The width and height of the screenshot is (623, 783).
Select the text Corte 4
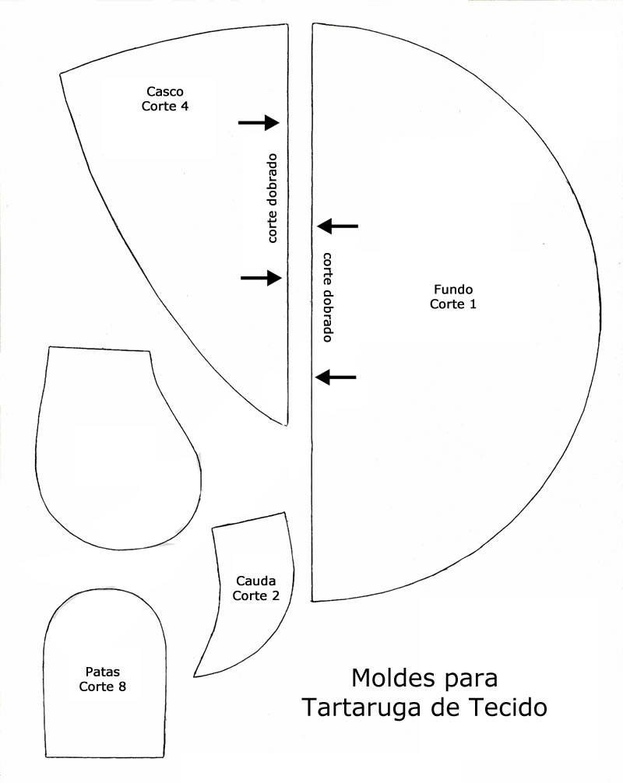pyautogui.click(x=164, y=107)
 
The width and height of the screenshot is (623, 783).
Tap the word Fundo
pyautogui.click(x=452, y=289)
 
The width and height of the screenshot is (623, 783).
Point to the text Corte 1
pyautogui.click(x=452, y=304)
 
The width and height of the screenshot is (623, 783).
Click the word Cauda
pyautogui.click(x=255, y=581)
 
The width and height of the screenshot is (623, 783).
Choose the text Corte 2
pyautogui.click(x=255, y=595)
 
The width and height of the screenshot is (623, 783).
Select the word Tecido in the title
pyautogui.click(x=509, y=709)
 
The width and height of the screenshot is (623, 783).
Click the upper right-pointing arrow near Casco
pyautogui.click(x=259, y=122)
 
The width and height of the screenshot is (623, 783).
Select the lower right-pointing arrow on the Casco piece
pyautogui.click(x=261, y=277)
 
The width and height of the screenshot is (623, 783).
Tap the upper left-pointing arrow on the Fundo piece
pyautogui.click(x=338, y=226)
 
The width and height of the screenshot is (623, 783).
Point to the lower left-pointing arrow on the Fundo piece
pyautogui.click(x=336, y=377)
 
